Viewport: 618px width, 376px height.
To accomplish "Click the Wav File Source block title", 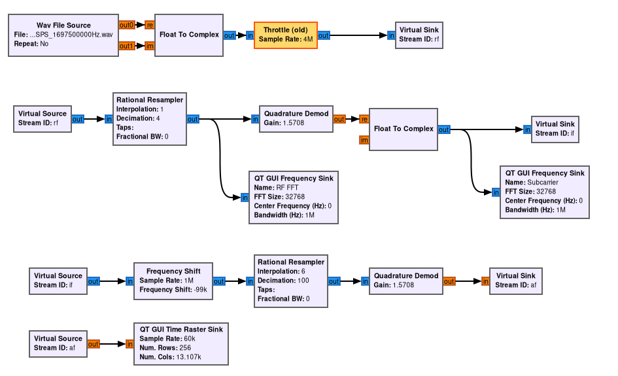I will click(x=63, y=26).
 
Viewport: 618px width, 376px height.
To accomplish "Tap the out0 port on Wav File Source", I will click(x=126, y=25).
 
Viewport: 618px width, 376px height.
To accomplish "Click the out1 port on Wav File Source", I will click(x=126, y=46).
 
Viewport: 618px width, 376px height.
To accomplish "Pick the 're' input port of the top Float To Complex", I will click(x=149, y=25).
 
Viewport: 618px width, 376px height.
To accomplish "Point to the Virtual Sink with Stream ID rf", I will click(x=419, y=35).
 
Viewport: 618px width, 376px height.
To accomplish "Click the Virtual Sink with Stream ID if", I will click(x=555, y=129).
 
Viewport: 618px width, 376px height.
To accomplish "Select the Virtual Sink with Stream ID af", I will click(x=516, y=281).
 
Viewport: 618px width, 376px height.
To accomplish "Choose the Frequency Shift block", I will click(x=174, y=281).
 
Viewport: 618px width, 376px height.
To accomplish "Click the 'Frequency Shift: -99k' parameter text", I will click(x=173, y=290).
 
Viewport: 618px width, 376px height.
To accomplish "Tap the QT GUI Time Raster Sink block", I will click(x=180, y=343).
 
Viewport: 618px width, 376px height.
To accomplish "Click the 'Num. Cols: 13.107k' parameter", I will click(x=170, y=357).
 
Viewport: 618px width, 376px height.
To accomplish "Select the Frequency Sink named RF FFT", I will click(x=294, y=197).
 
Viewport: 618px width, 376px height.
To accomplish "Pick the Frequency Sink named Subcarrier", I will click(x=545, y=192).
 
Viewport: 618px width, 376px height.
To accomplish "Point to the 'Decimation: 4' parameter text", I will click(x=138, y=118).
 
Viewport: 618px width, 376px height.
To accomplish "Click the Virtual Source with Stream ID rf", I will click(x=43, y=118).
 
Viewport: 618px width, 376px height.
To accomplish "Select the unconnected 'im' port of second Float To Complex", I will click(x=364, y=140).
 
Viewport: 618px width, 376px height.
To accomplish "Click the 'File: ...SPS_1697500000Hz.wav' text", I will click(x=63, y=35).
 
